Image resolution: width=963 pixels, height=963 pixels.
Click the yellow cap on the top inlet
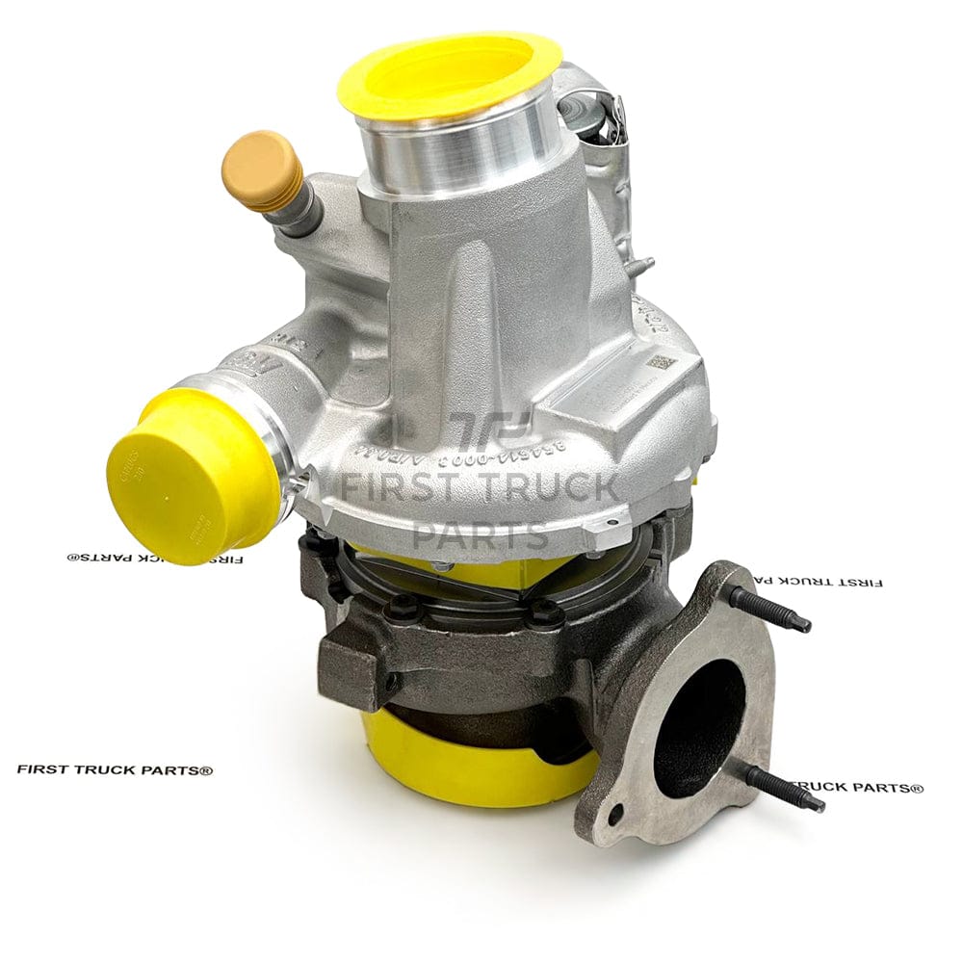(x=450, y=73)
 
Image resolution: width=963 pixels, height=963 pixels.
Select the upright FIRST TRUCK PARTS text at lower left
(x=115, y=769)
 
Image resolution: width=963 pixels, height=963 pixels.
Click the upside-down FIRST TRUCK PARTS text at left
(x=154, y=558)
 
